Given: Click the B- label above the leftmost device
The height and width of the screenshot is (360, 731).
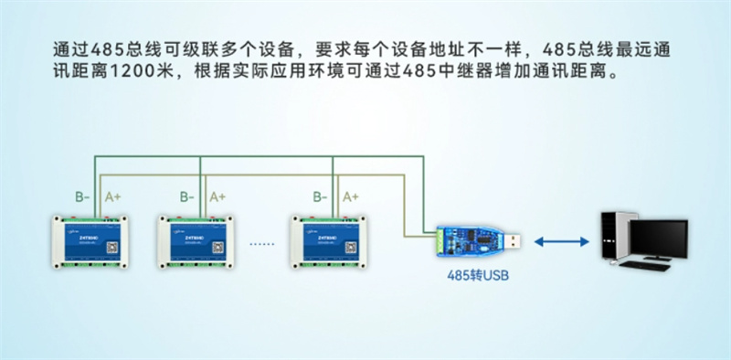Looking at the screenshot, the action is pyautogui.click(x=81, y=196).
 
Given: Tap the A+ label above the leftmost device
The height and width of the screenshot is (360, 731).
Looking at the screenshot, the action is pyautogui.click(x=112, y=196).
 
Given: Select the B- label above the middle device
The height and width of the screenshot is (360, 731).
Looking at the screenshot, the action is pyautogui.click(x=187, y=196).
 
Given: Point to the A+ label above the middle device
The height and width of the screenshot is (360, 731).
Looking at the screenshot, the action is pyautogui.click(x=218, y=196).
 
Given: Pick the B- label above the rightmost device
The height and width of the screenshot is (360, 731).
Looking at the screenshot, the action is pyautogui.click(x=320, y=196).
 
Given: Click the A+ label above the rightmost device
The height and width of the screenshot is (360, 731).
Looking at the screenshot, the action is pyautogui.click(x=351, y=196).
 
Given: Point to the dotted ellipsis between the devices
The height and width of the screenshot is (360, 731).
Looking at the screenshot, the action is pyautogui.click(x=262, y=245).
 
